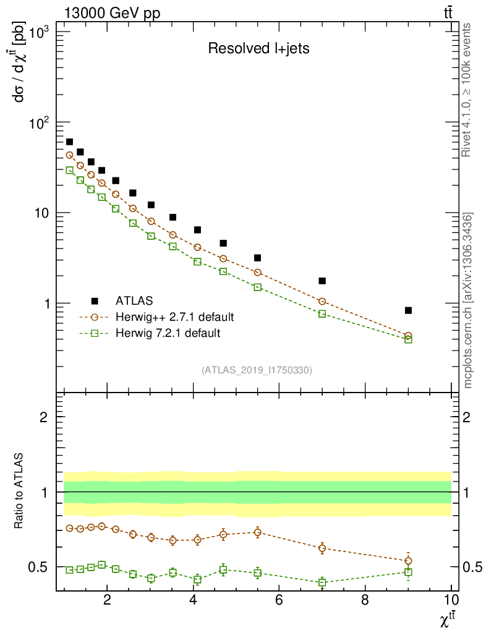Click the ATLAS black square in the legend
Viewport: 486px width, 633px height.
[x=95, y=301]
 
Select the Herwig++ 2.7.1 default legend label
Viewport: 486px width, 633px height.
[x=174, y=317]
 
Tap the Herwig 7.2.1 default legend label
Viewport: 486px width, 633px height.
[x=168, y=333]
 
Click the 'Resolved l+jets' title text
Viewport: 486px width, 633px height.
[x=258, y=49]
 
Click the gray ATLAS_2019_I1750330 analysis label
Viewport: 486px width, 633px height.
[x=257, y=370]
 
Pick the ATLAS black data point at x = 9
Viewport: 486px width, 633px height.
[x=408, y=310]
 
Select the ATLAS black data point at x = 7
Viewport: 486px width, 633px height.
[x=322, y=281]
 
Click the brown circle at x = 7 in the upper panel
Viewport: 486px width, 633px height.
[x=322, y=302]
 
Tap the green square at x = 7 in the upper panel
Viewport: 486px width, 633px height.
[x=322, y=314]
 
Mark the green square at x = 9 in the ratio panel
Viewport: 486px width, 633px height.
[x=408, y=572]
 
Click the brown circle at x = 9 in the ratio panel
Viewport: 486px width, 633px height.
[x=408, y=561]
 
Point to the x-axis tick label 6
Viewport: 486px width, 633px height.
[x=279, y=599]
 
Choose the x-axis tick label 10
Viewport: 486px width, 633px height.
[x=451, y=599]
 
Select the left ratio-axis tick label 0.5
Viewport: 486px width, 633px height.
[x=38, y=567]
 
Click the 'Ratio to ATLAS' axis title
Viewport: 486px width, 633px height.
[x=20, y=492]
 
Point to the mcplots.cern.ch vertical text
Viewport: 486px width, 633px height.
[x=468, y=301]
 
